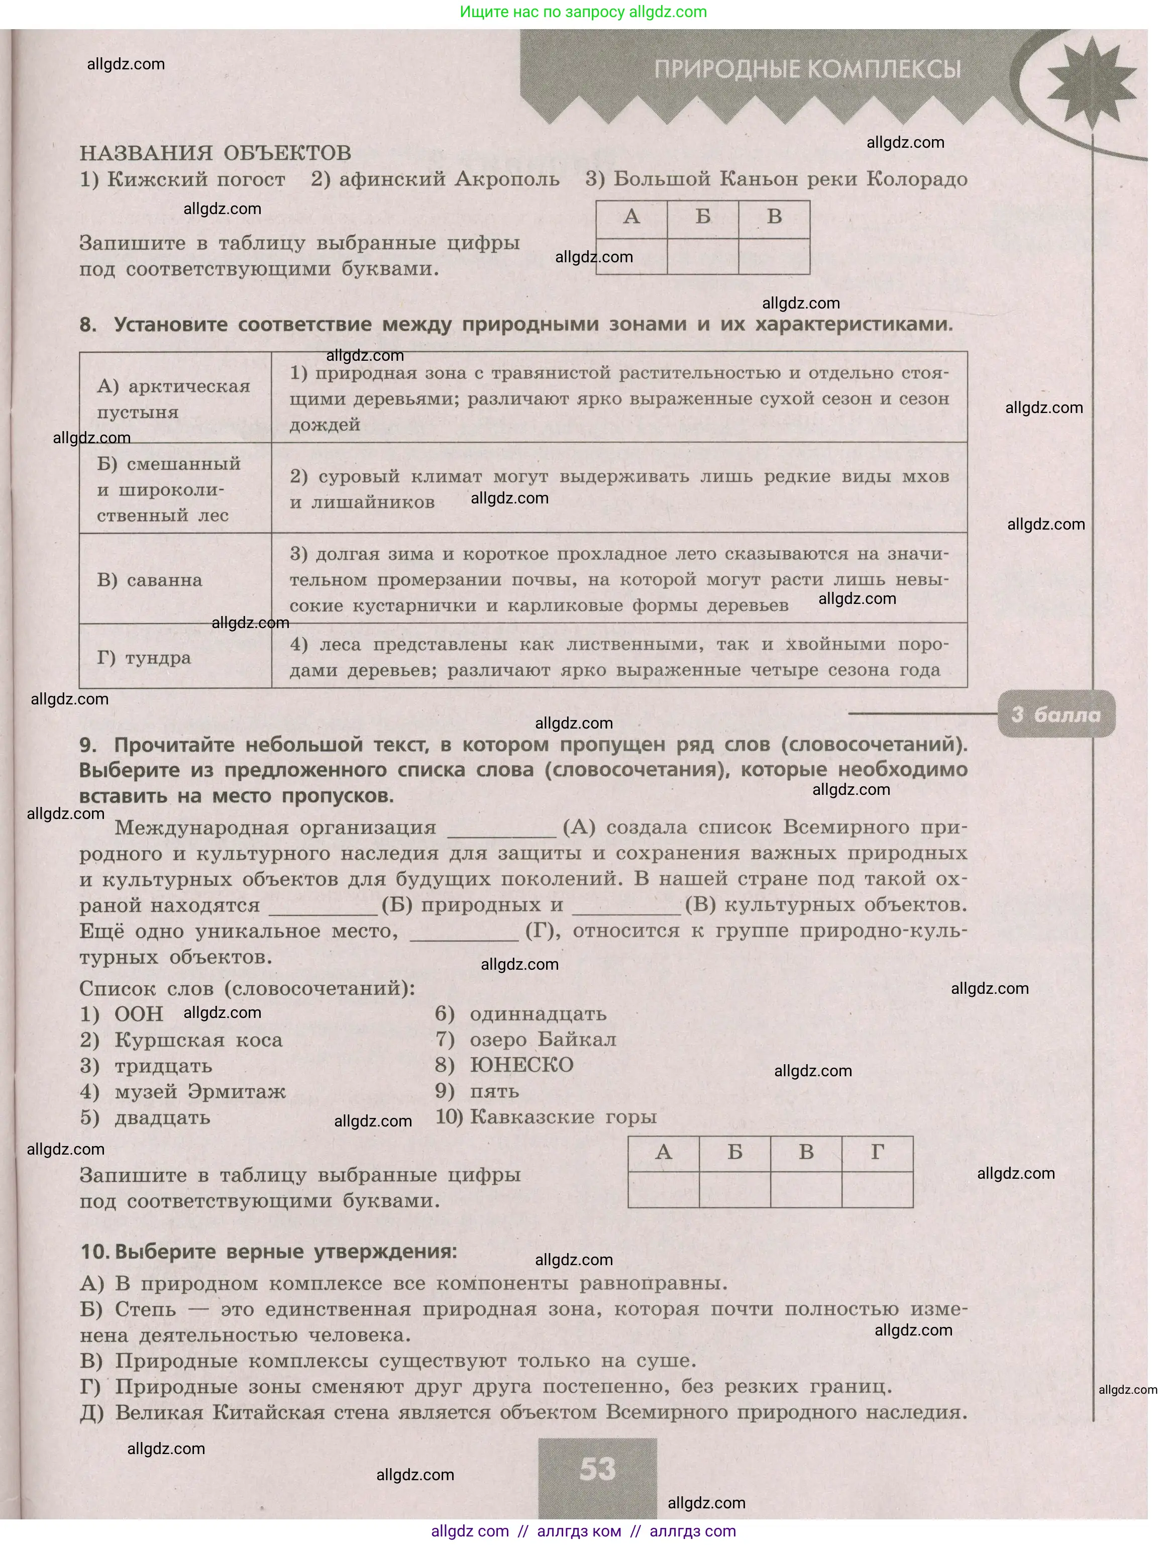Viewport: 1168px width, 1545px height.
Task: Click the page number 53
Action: [597, 1469]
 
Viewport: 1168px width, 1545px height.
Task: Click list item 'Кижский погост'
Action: [182, 179]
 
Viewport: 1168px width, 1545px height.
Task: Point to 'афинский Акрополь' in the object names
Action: [435, 179]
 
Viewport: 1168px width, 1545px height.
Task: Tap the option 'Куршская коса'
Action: [198, 1040]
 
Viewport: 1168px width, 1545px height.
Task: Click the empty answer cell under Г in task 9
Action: [878, 1189]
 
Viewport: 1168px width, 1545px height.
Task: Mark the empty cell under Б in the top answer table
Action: [703, 256]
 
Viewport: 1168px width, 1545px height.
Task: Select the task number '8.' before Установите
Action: [88, 325]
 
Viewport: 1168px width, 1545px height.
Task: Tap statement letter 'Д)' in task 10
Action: [91, 1412]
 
